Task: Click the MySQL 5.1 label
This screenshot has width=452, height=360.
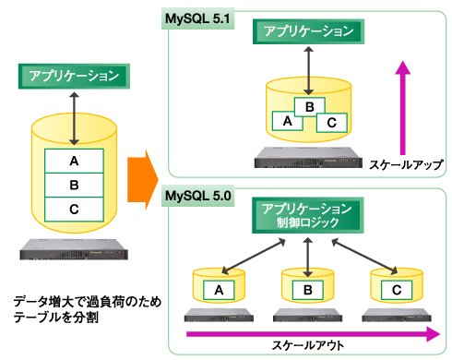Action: (197, 19)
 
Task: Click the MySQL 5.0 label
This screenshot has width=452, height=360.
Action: (197, 196)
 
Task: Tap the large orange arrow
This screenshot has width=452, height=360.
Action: (143, 180)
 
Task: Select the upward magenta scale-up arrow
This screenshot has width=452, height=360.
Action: (402, 108)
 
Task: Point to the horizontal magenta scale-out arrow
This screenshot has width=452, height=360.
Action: (313, 334)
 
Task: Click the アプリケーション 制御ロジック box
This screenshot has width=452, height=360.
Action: (307, 215)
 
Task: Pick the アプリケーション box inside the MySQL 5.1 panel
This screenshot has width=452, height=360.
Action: (308, 31)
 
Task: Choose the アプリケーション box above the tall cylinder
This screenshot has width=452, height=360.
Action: (74, 77)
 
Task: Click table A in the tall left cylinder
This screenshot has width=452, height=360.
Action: (74, 161)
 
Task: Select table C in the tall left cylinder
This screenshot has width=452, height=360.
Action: (74, 210)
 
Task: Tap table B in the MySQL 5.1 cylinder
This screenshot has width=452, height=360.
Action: (310, 107)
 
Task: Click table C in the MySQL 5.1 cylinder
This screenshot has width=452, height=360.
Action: (332, 123)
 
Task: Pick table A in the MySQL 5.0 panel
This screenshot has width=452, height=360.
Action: (219, 290)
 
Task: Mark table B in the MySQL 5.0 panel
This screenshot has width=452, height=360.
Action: (308, 290)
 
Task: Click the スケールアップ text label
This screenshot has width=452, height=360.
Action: (406, 165)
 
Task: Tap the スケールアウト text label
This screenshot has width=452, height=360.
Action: (308, 345)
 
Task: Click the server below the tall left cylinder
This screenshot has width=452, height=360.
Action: (74, 249)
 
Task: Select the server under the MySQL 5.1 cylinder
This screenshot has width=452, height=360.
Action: (308, 158)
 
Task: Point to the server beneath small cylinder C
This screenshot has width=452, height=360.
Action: (397, 315)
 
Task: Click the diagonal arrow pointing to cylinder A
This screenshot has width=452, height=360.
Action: (254, 257)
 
